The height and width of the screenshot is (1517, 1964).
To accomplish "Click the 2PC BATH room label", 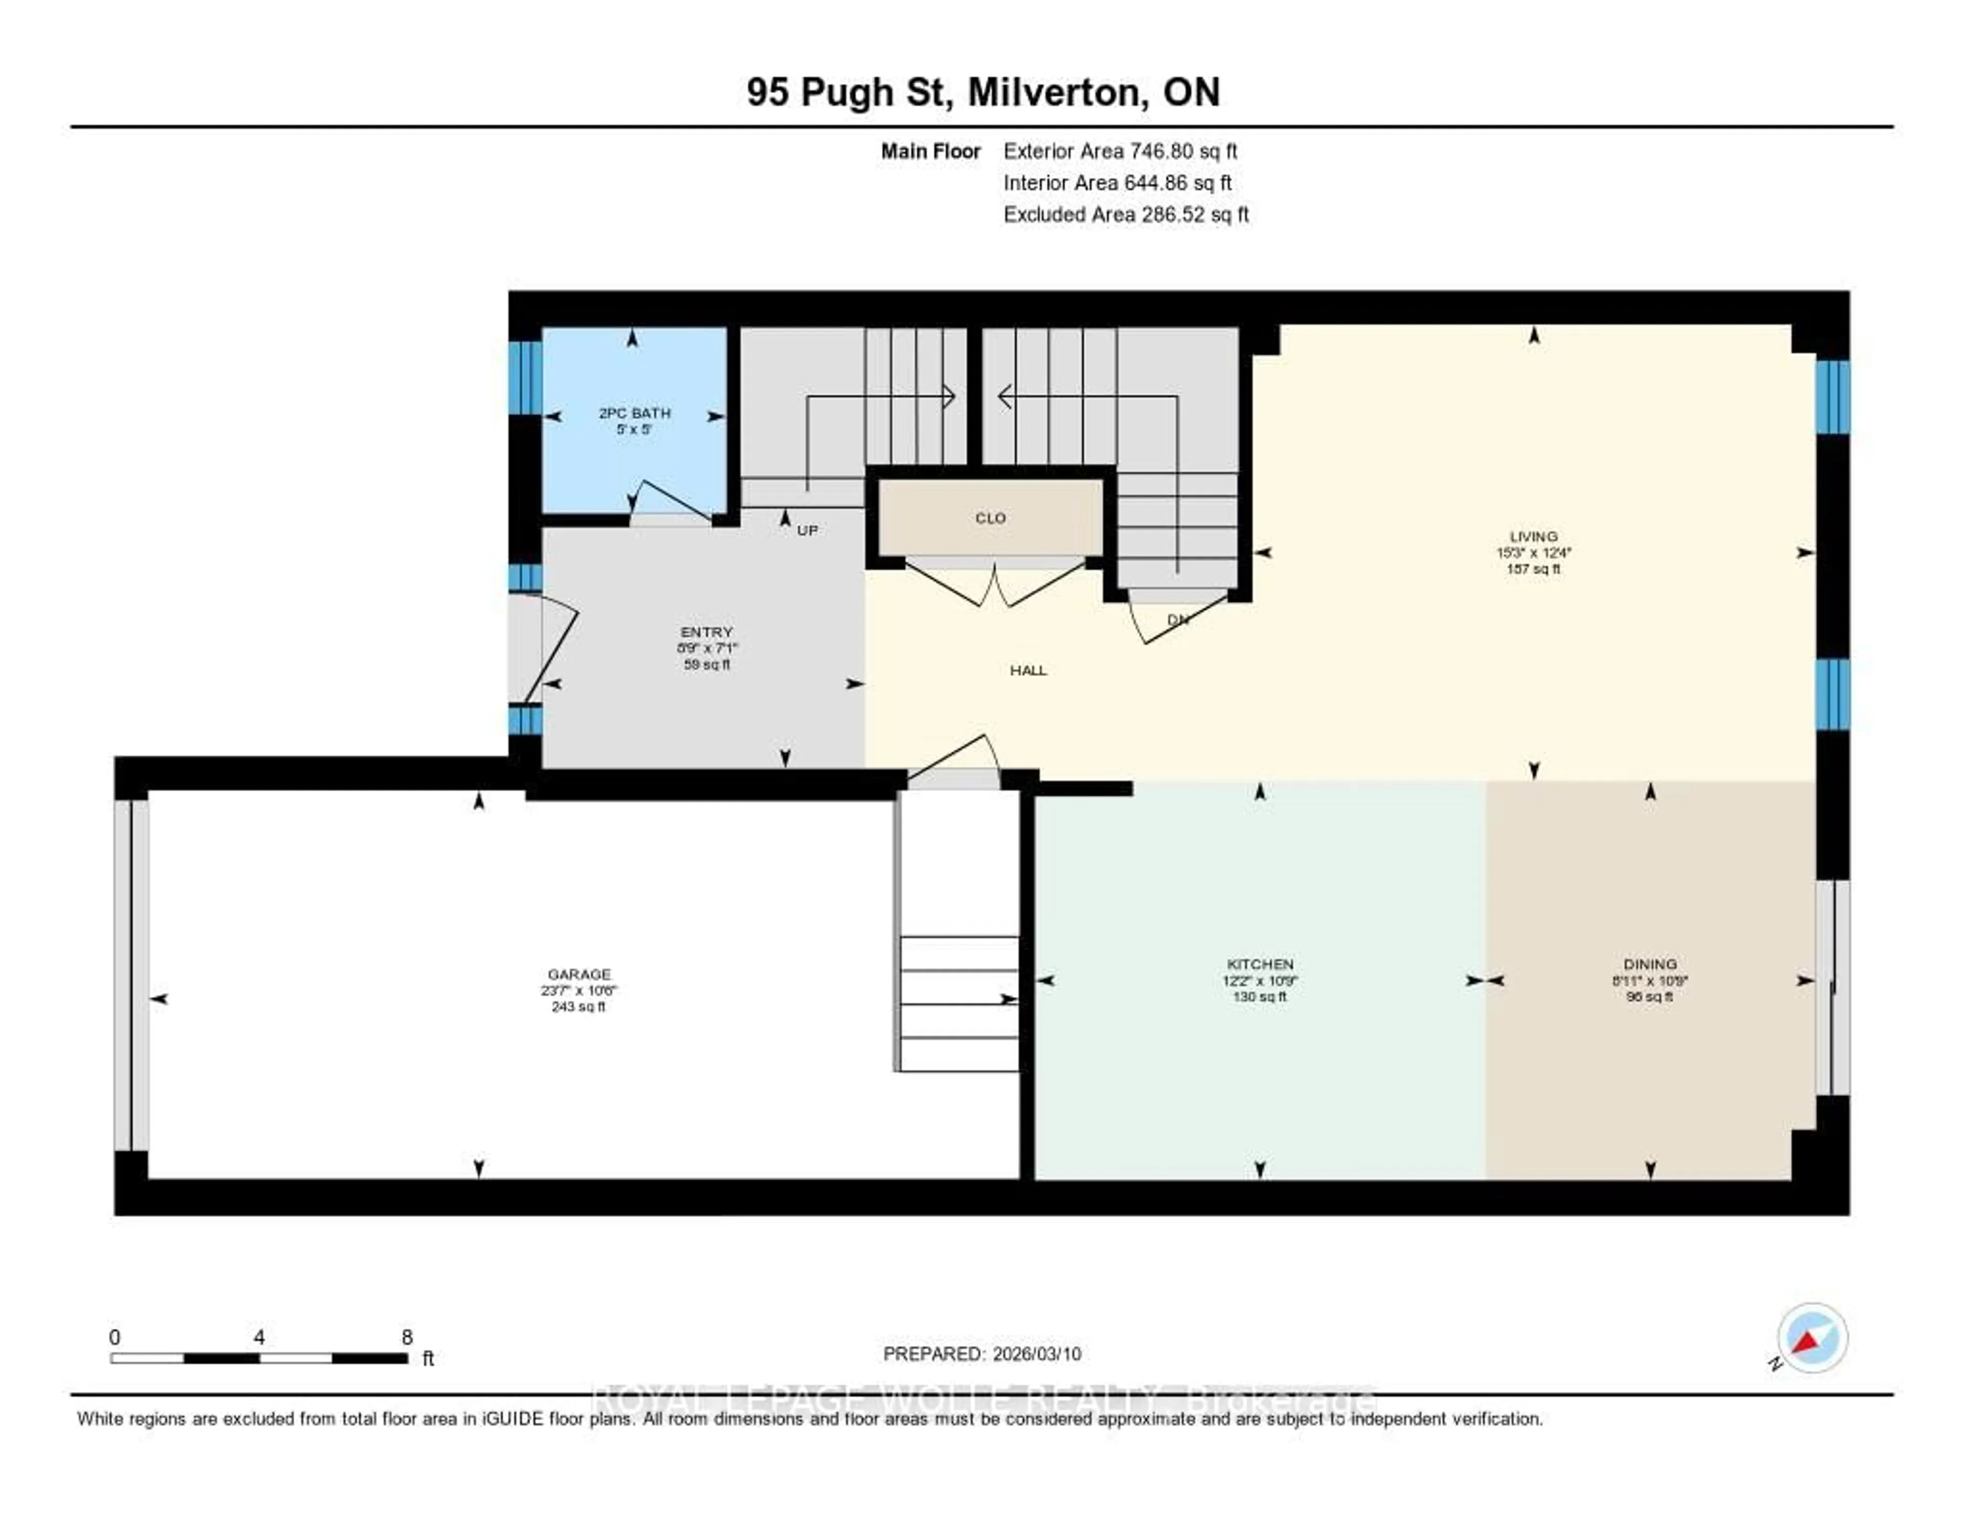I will click(x=634, y=413).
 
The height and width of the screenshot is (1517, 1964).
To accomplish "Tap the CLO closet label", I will click(x=990, y=518).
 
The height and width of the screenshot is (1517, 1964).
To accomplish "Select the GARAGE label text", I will click(x=578, y=974).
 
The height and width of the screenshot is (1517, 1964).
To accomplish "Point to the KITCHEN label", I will click(x=1259, y=964).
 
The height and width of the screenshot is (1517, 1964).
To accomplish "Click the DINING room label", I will click(x=1649, y=964).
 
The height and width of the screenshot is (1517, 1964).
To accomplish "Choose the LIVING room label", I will click(x=1533, y=536).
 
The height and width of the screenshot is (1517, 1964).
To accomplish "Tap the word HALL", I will click(x=1028, y=670).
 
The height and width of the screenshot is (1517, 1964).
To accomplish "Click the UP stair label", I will click(x=808, y=530).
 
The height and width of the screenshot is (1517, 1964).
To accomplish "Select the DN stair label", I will click(x=1178, y=619).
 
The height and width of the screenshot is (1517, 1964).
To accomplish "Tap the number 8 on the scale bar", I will click(x=407, y=1337).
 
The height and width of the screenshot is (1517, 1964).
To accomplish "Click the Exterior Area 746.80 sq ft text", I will click(x=1121, y=151).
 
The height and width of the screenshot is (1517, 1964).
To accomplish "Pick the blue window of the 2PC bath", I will click(x=525, y=377).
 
